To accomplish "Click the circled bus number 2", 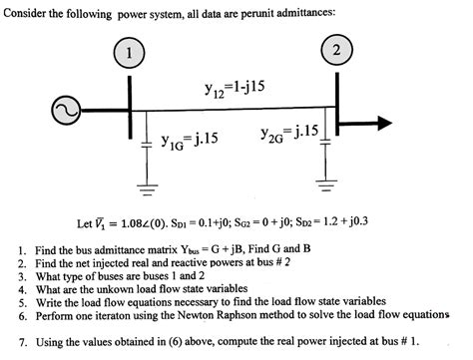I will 338,50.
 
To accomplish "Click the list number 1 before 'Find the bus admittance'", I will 21,244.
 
